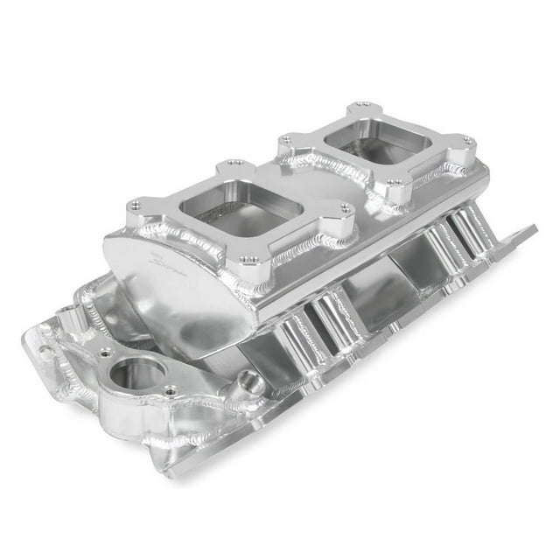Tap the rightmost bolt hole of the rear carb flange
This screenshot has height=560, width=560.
pos(468,141)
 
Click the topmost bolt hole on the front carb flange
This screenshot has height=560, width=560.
pos(234,163)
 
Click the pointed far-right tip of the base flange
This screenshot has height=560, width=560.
pos(534,228)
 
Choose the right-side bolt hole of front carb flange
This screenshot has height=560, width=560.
pos(346,210)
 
